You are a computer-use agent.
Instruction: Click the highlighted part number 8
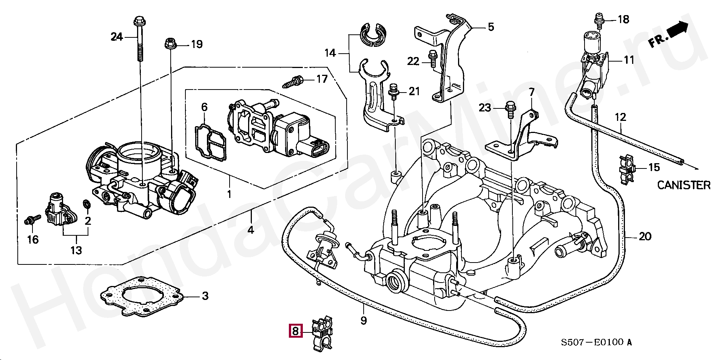[295, 331]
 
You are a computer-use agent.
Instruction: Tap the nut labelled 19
[170, 44]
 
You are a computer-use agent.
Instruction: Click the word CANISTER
[683, 185]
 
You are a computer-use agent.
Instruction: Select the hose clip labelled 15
[627, 170]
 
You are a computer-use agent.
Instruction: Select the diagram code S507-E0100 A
[596, 343]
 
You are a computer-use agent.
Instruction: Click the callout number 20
[645, 236]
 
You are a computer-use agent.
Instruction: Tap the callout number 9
[363, 320]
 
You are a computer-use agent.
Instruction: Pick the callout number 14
[330, 53]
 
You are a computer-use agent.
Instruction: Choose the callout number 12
[620, 117]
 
